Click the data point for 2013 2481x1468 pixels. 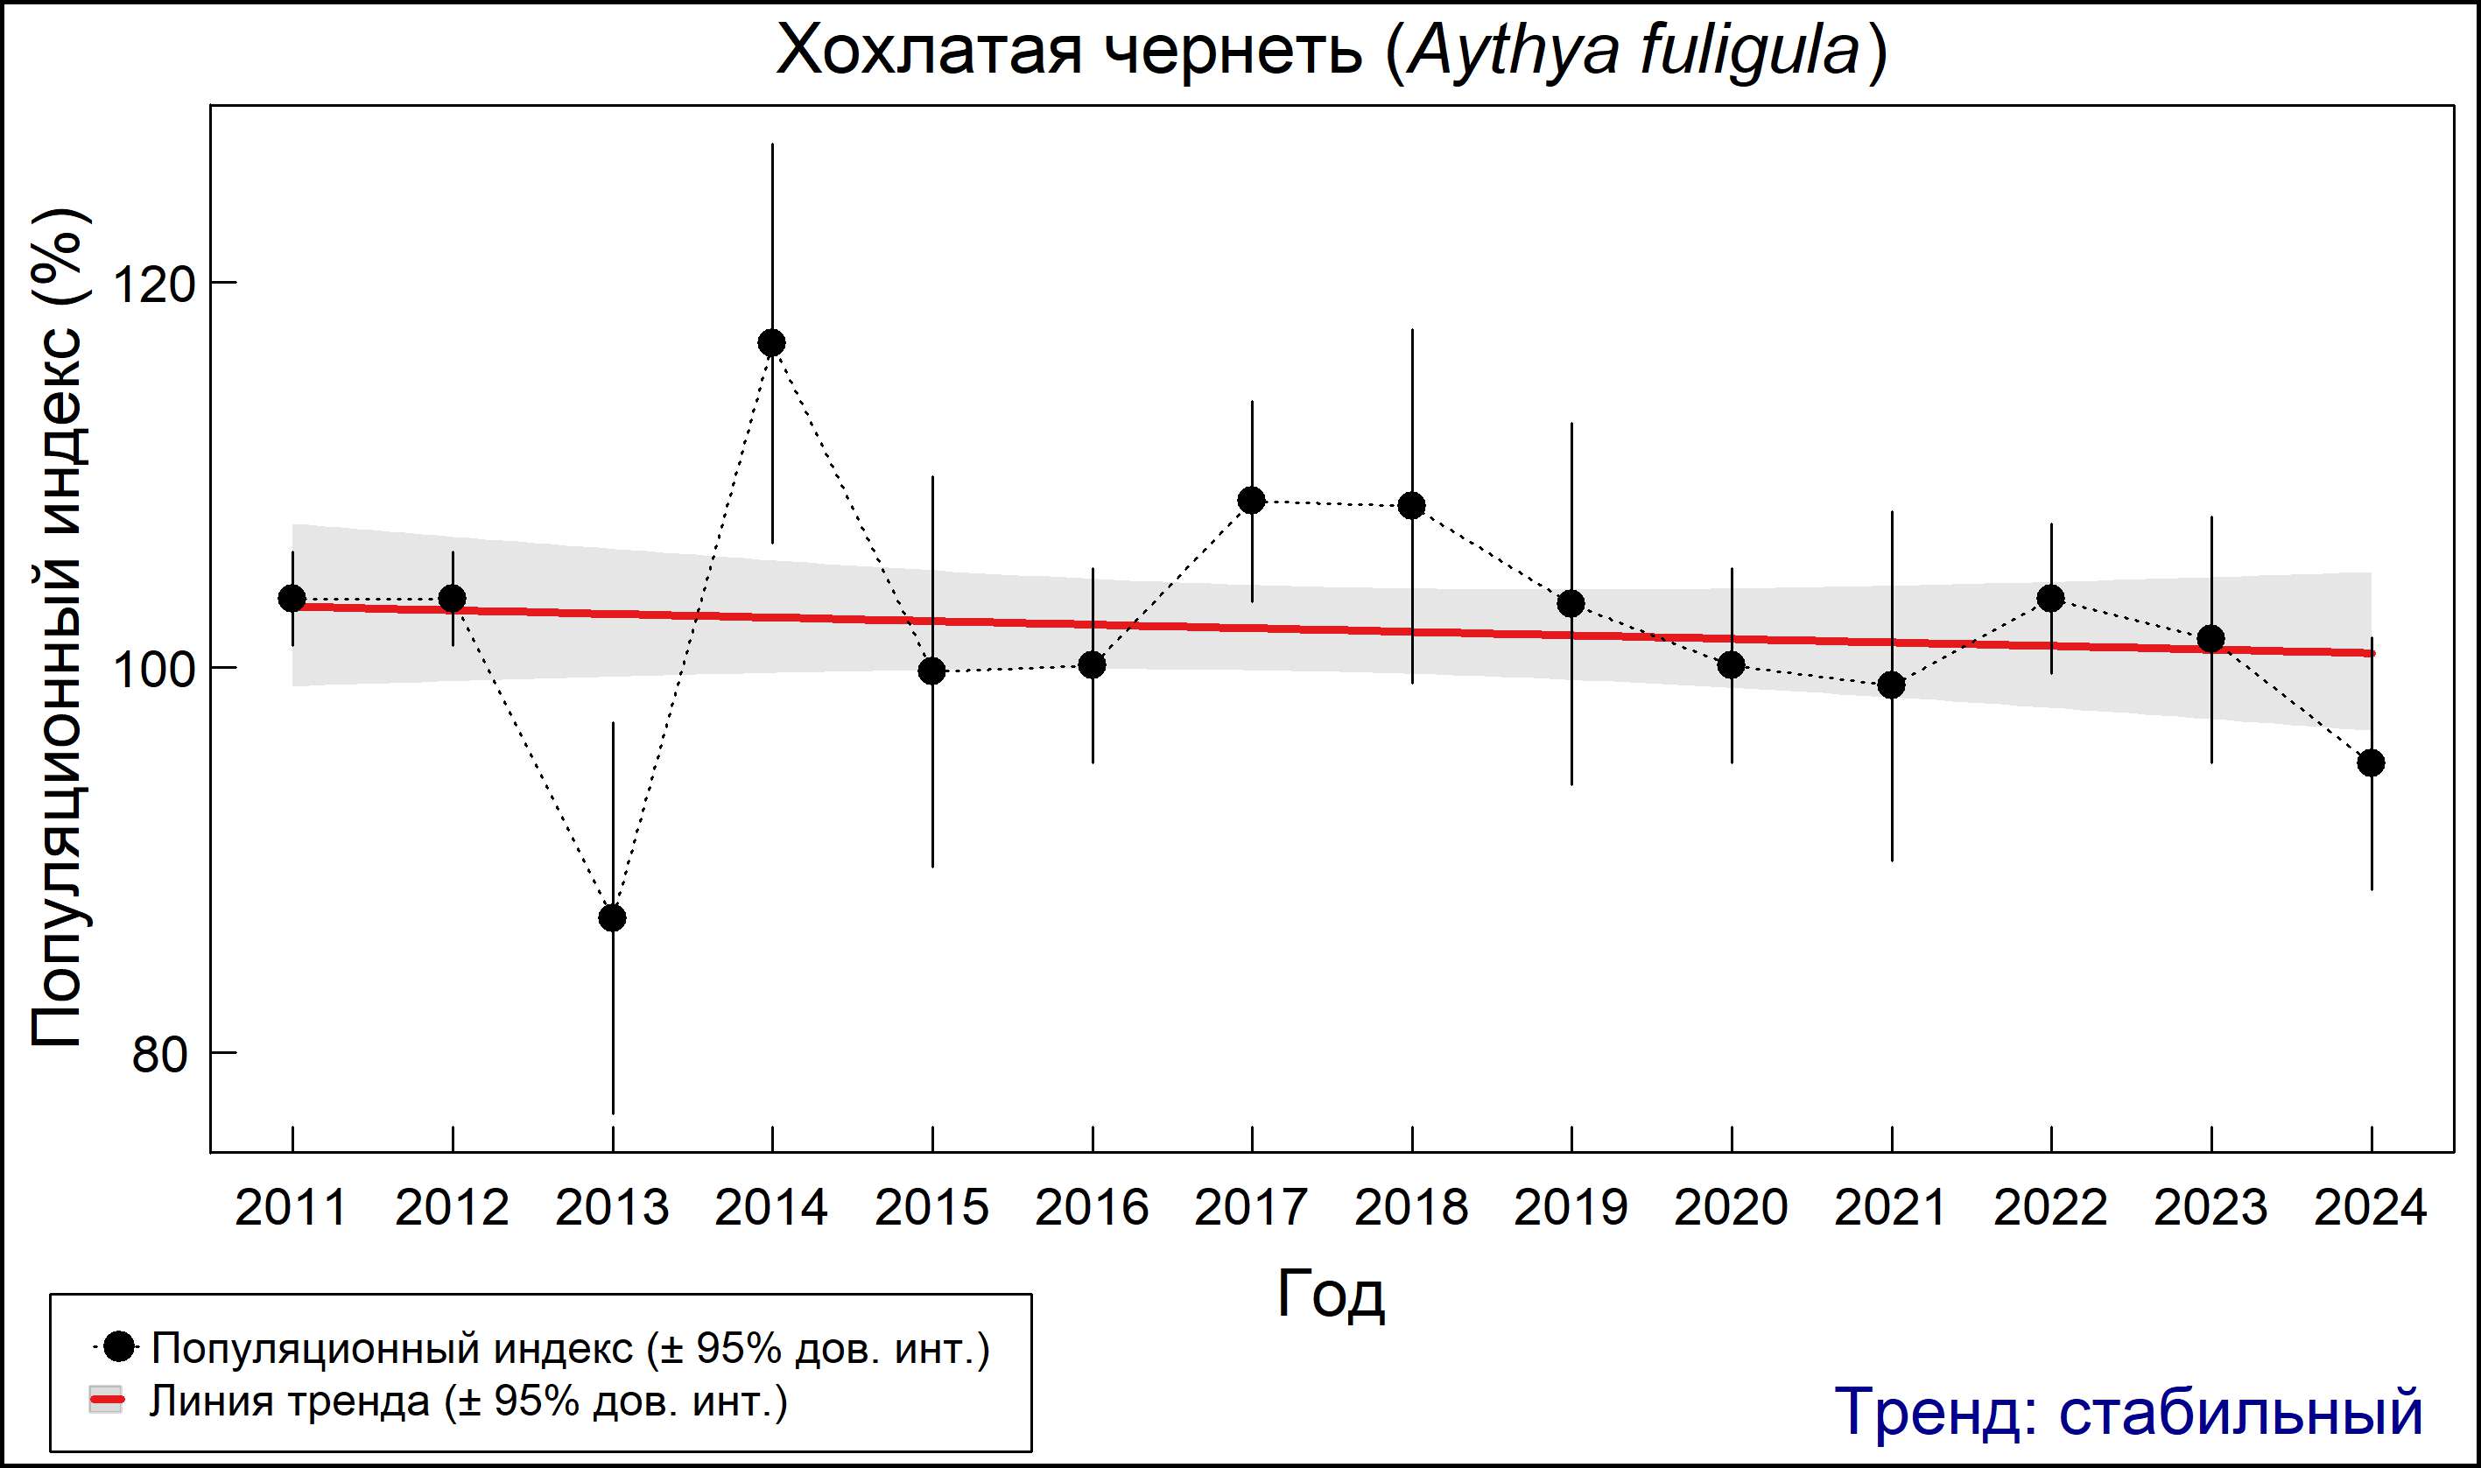[612, 918]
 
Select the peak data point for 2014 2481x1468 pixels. [771, 343]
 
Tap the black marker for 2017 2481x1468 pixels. [1251, 501]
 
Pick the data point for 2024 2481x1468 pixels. [2372, 762]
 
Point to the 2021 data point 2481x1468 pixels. [1892, 685]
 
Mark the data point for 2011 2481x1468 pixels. [292, 599]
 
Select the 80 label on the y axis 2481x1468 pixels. [159, 1055]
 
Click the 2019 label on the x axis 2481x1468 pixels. [1571, 1208]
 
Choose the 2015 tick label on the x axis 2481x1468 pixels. [931, 1208]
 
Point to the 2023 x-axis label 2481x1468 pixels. [2211, 1208]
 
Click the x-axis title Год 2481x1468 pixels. [1331, 1294]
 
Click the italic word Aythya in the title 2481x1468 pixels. [1513, 52]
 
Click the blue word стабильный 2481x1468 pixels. [2240, 1412]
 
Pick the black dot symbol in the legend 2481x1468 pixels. [120, 1347]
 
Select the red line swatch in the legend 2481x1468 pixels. [107, 1401]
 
